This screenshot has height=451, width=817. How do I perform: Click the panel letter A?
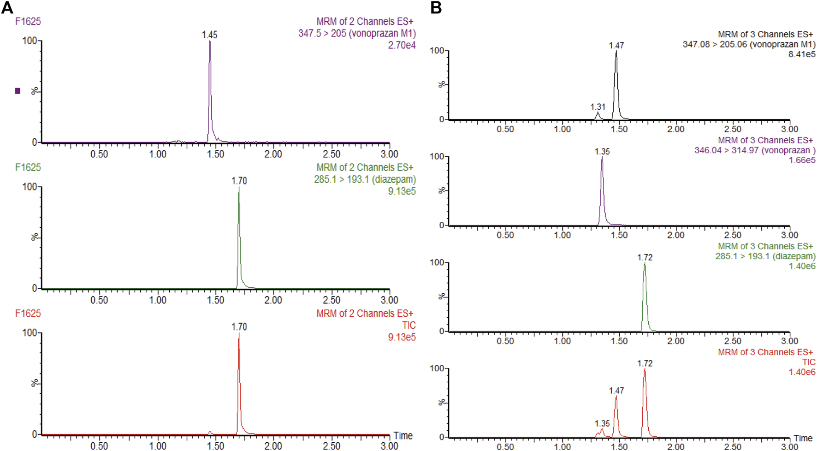pyautogui.click(x=7, y=8)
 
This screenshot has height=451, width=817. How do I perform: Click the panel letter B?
pyautogui.click(x=436, y=8)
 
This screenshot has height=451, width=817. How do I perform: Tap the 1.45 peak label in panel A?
pyautogui.click(x=209, y=35)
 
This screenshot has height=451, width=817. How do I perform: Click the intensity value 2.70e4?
pyautogui.click(x=402, y=45)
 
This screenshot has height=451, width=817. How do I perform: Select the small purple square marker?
pyautogui.click(x=18, y=91)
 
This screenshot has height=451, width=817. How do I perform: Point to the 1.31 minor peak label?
pyautogui.click(x=598, y=107)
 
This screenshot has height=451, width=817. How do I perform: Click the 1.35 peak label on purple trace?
pyautogui.click(x=602, y=152)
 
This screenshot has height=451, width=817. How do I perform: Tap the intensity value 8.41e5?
pyautogui.click(x=802, y=54)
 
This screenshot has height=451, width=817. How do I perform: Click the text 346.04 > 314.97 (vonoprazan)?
pyautogui.click(x=755, y=150)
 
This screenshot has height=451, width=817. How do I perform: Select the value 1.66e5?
pyautogui.click(x=802, y=160)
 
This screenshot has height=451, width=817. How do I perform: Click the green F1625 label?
pyautogui.click(x=28, y=167)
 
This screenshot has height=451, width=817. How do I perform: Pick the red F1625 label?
pyautogui.click(x=28, y=314)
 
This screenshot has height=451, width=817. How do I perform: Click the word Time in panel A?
pyautogui.click(x=403, y=436)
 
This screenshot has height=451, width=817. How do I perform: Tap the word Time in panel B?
pyautogui.click(x=803, y=439)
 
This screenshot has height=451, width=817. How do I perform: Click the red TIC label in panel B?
pyautogui.click(x=809, y=362)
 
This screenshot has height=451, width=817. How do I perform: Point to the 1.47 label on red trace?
pyautogui.click(x=616, y=391)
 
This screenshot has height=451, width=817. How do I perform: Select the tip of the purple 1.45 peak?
pyautogui.click(x=210, y=42)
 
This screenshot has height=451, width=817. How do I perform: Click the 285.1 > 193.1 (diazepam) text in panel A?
pyautogui.click(x=365, y=179)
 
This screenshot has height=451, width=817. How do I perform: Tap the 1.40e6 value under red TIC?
pyautogui.click(x=802, y=372)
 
